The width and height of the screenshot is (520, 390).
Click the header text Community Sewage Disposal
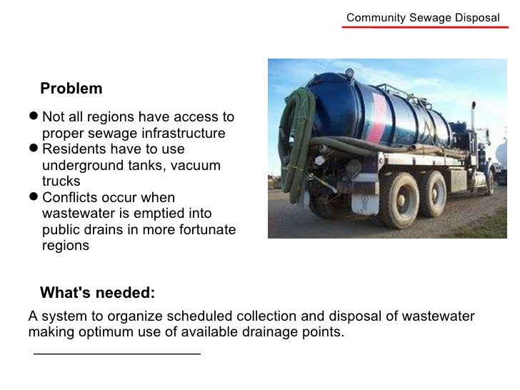423,17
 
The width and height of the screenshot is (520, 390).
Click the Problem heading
71,89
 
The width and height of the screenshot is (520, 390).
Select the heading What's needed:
97,293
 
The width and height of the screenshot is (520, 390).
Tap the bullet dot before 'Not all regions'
34,117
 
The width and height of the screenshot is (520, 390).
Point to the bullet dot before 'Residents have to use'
34,149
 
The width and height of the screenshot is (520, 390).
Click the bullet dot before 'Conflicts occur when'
34,197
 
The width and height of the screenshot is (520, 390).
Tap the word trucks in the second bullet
61,181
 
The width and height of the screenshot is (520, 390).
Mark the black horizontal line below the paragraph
117,353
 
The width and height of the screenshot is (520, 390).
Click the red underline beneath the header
426,28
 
